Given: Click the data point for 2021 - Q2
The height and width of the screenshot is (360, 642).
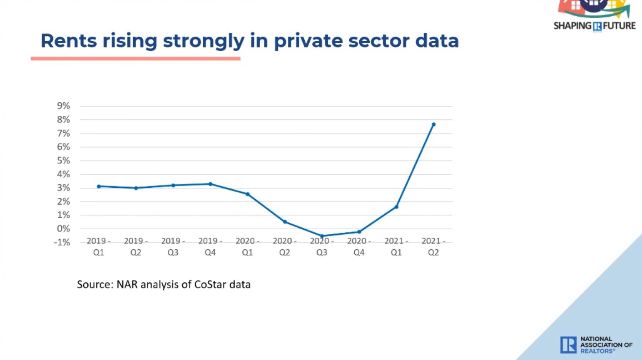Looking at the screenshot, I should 433,124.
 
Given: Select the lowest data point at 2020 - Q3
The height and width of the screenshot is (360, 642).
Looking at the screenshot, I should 322,236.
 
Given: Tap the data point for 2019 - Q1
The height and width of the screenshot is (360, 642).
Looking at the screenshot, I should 99,186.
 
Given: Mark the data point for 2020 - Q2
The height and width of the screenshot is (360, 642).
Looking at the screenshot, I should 285,222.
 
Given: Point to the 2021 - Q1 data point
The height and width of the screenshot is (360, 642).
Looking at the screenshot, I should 396,207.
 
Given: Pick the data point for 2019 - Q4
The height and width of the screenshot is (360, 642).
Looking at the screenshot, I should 210,184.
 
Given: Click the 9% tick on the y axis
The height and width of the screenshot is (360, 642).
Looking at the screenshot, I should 63,106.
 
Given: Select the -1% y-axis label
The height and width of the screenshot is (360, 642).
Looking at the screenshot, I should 62,243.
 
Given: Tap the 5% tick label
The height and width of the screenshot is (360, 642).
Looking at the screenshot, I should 63,161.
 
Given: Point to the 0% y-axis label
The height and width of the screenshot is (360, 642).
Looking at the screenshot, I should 63,229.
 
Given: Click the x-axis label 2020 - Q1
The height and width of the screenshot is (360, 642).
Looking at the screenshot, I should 247,246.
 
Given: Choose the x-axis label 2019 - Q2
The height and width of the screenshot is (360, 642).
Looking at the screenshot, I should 136,246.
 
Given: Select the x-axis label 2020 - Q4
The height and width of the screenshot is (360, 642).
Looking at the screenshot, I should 359,246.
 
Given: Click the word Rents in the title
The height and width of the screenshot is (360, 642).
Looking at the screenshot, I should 69,41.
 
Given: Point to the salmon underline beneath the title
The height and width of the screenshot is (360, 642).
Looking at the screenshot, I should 135,59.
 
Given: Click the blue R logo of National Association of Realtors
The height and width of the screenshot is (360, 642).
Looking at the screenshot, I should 568,345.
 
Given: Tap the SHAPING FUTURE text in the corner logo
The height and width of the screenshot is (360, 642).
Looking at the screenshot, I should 595,26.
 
